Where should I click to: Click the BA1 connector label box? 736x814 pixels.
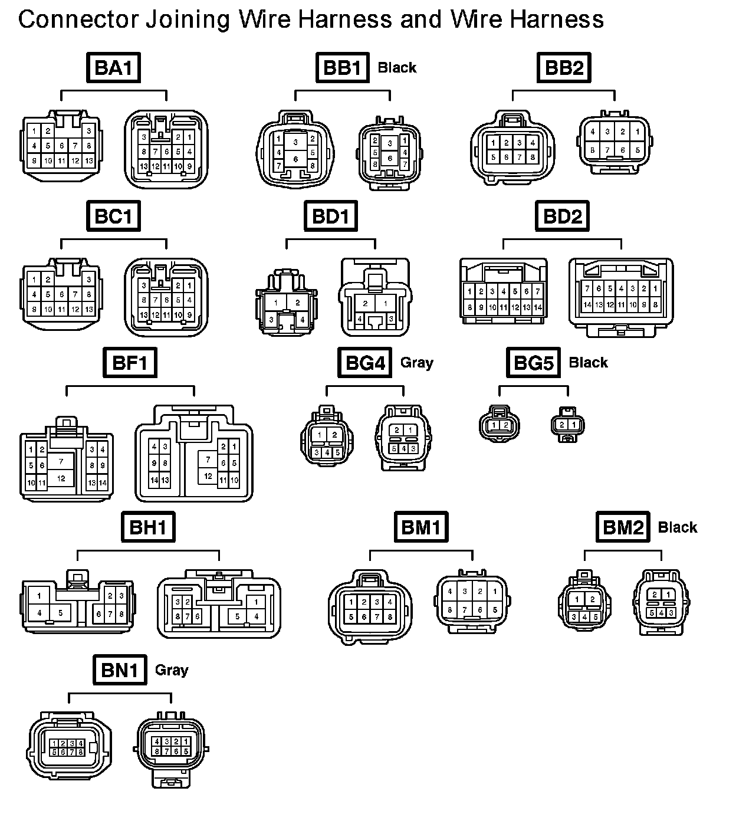113,67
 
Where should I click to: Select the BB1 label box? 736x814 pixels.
342,67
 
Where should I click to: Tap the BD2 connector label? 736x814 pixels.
562,216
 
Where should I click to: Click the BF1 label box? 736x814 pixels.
130,362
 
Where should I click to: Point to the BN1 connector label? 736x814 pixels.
120,669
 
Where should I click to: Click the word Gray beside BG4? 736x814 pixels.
417,363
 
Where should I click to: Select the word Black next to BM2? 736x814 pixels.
678,527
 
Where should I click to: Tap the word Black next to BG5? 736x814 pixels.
588,363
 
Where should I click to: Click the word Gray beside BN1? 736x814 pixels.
172,670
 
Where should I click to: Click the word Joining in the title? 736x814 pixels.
187,20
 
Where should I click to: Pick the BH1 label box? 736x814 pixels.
148,527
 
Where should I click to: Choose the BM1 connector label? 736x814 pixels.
420,527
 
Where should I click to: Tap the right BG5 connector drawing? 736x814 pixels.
567,425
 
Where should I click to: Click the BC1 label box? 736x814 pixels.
113,216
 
